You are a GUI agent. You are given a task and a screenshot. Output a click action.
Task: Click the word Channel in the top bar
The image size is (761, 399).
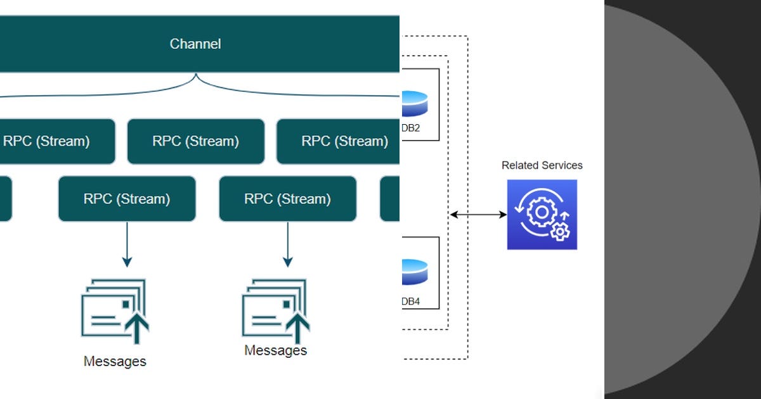[x=195, y=44]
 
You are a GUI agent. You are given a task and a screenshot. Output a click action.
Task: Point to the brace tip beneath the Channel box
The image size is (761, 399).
[x=195, y=75]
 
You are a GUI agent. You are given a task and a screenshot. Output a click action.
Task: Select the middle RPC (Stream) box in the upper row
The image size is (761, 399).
[x=195, y=141]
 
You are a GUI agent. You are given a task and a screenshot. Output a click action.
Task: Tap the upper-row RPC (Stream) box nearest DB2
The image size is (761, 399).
[x=342, y=141]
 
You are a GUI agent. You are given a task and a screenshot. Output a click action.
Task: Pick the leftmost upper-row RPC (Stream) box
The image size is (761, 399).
[x=51, y=141]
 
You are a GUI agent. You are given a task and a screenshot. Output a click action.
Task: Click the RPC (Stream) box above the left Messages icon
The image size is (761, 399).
[x=127, y=199]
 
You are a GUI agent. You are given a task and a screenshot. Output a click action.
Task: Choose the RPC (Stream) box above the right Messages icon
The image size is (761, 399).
[x=287, y=199]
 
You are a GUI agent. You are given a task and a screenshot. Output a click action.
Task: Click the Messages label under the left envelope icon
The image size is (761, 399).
[x=115, y=362]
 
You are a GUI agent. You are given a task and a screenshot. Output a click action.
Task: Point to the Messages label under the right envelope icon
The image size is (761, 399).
[x=276, y=350]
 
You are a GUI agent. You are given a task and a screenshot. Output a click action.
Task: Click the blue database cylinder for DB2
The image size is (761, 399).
[x=415, y=104]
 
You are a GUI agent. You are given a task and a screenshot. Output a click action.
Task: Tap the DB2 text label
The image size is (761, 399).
[x=411, y=128]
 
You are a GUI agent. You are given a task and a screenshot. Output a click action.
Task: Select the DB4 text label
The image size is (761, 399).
[x=411, y=301]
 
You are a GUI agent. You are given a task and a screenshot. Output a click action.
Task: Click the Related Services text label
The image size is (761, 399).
[x=542, y=165]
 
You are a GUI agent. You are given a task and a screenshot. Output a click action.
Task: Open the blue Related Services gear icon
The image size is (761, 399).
[x=542, y=215]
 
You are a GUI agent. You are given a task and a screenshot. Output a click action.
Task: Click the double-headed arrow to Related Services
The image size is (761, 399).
[x=478, y=215]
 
